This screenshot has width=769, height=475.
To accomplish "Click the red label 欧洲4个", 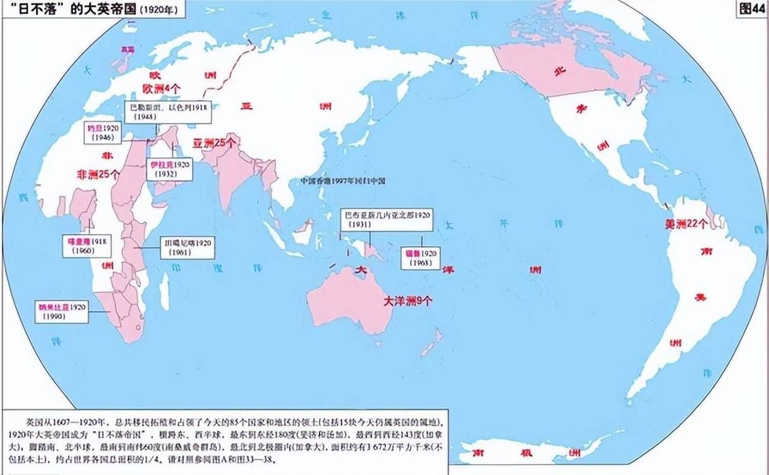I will point(161,89).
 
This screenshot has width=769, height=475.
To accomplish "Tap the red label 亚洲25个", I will point(216,143).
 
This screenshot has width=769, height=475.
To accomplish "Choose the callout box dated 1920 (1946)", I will point(104,132).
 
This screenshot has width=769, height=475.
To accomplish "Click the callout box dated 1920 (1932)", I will point(169,169).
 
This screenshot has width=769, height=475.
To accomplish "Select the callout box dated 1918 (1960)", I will point(88,246).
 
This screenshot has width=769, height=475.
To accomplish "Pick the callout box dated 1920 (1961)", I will point(188,247).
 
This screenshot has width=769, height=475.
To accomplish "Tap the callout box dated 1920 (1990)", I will point(61,311).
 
